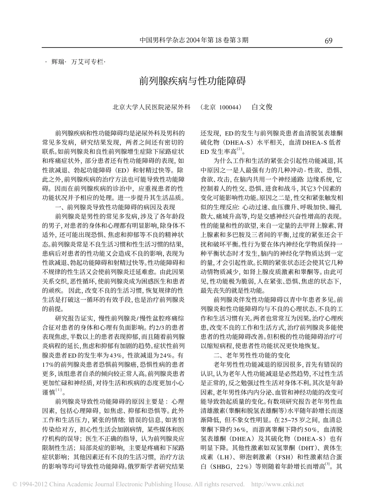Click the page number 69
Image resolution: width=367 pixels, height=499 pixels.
329,41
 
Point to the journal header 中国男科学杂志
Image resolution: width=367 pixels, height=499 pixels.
159,40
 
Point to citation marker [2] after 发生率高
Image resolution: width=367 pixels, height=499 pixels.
240,150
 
